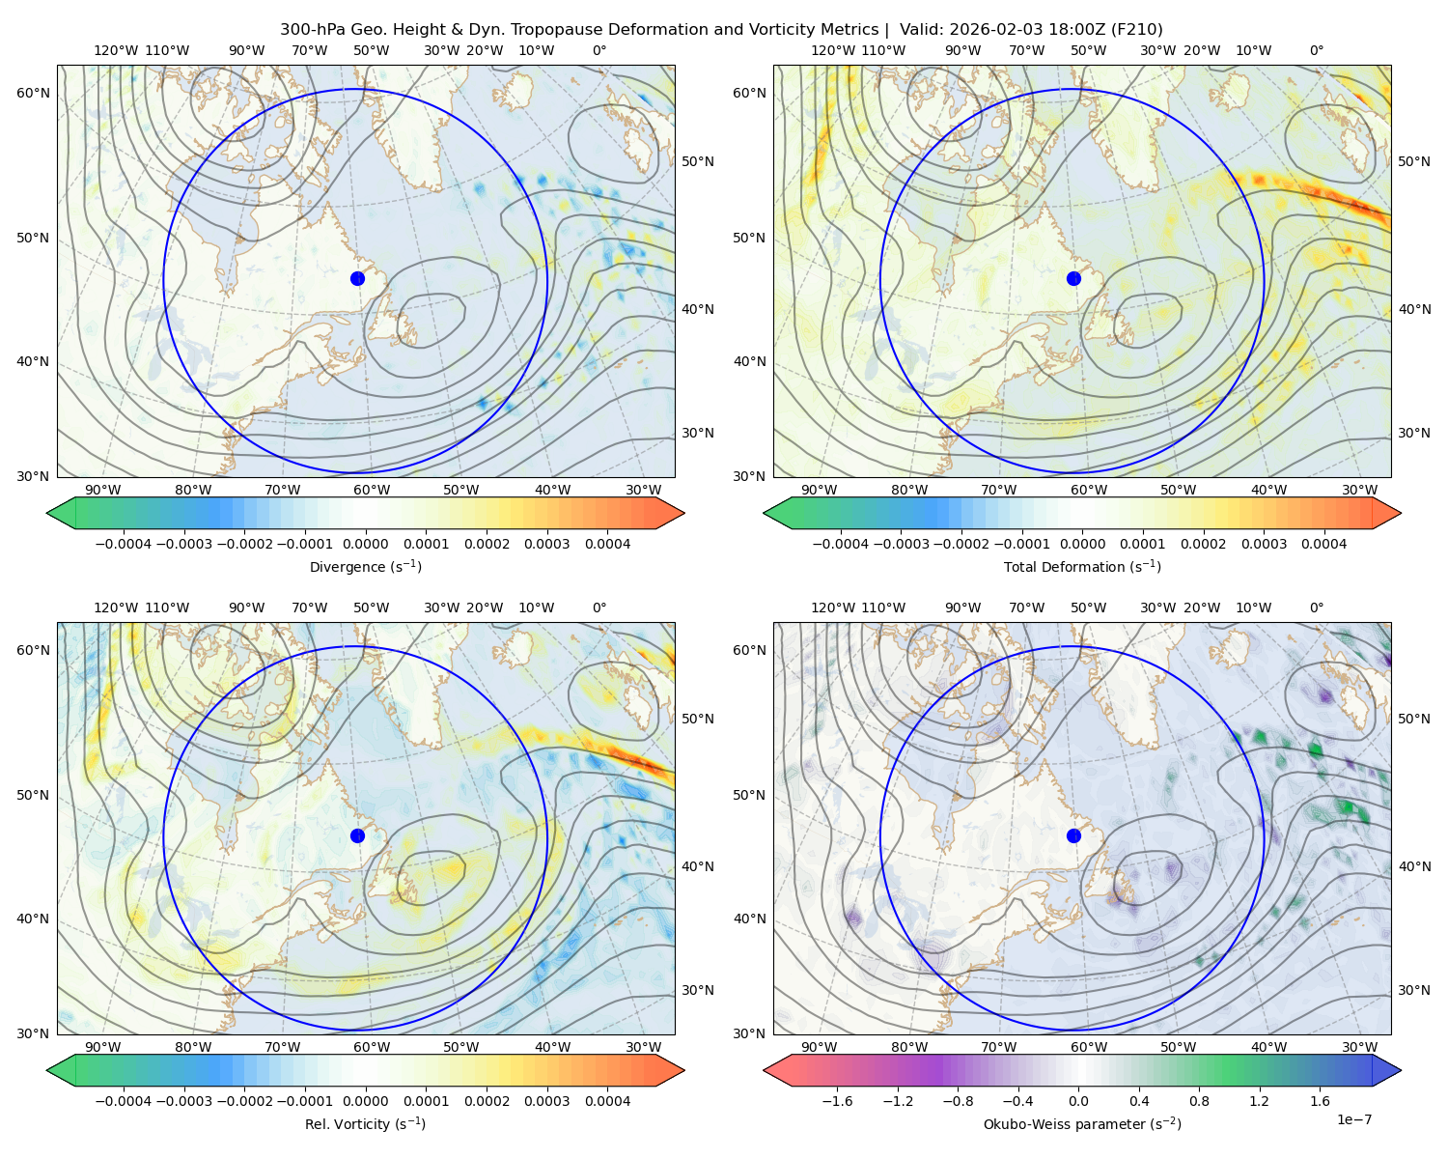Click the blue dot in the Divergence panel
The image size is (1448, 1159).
pyautogui.click(x=357, y=278)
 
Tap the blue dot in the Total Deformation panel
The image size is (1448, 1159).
pyautogui.click(x=1073, y=278)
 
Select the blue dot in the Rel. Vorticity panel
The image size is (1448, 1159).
pyautogui.click(x=357, y=835)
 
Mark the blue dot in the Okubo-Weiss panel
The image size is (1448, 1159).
pyautogui.click(x=1073, y=835)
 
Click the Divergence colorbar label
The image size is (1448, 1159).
pyautogui.click(x=365, y=566)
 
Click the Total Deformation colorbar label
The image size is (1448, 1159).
pyautogui.click(x=1082, y=566)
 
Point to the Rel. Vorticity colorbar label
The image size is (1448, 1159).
pyautogui.click(x=365, y=1123)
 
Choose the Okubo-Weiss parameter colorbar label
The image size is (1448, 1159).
pyautogui.click(x=1082, y=1123)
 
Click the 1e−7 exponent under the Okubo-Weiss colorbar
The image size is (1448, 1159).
pyautogui.click(x=1353, y=1119)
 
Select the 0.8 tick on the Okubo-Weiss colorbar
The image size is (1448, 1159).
pyautogui.click(x=1199, y=1100)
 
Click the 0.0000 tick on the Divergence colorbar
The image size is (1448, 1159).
pyautogui.click(x=365, y=544)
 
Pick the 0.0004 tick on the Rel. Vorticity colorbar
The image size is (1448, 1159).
pyautogui.click(x=607, y=1100)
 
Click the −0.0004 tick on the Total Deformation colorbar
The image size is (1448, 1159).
pyautogui.click(x=841, y=544)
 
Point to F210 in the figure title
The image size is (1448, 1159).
pyautogui.click(x=1136, y=29)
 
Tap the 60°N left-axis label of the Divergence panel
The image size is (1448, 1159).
pyautogui.click(x=33, y=93)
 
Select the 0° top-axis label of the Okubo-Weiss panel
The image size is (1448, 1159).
pyautogui.click(x=1316, y=608)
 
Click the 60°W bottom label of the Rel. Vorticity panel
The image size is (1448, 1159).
pyautogui.click(x=372, y=1047)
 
